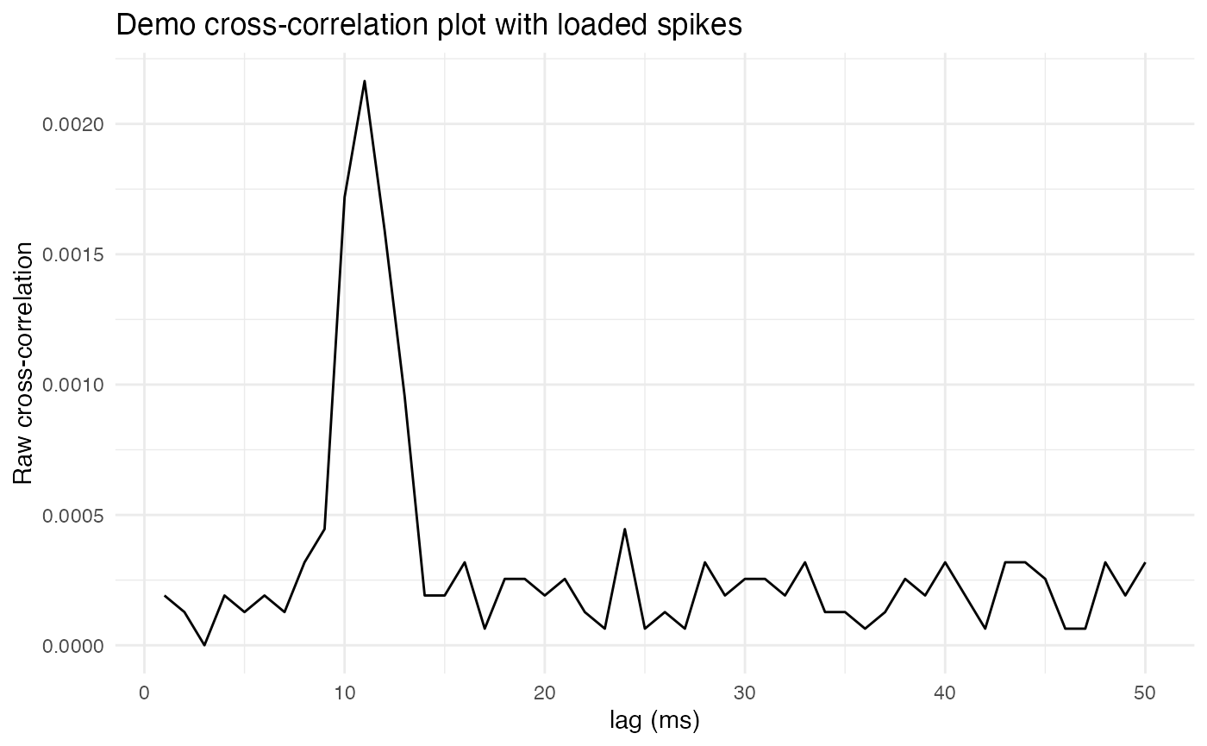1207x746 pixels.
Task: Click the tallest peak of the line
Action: [x=365, y=81]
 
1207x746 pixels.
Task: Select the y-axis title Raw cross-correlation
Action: [x=23, y=362]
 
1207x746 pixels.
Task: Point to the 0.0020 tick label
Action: [x=73, y=124]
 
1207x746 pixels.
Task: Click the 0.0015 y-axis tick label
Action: [x=73, y=254]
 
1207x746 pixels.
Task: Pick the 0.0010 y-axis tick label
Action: [x=73, y=385]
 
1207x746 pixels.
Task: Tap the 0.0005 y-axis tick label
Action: [x=73, y=515]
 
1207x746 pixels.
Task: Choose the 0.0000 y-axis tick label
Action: [x=73, y=645]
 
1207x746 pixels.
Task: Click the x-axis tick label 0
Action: [x=145, y=693]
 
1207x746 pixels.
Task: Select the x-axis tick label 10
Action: [x=345, y=693]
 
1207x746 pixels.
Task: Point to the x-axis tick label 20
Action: [x=545, y=693]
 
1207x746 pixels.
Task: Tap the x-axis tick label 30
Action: [x=745, y=693]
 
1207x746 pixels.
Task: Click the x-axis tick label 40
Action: [x=945, y=693]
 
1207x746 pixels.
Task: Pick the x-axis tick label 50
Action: [x=1145, y=693]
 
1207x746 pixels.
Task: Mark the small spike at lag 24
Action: [x=625, y=529]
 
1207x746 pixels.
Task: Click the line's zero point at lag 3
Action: [x=204, y=645]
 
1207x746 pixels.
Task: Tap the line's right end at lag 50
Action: [x=1145, y=562]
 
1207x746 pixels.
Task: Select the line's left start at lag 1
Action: [x=165, y=596]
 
